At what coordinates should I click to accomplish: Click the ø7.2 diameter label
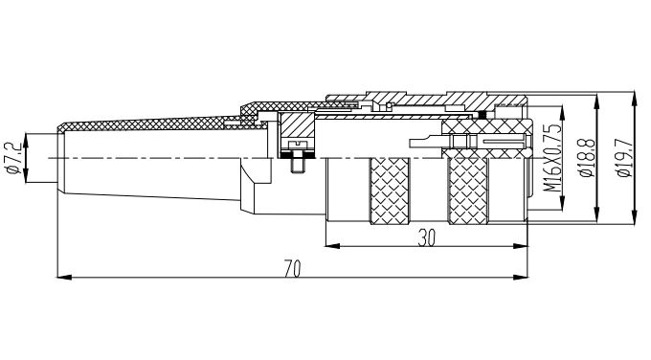click(13, 158)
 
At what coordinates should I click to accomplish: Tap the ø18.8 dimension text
click(587, 158)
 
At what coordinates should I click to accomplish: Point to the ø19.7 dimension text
click(624, 158)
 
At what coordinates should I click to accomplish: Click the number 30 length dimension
click(426, 237)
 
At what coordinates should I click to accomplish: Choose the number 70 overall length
click(292, 269)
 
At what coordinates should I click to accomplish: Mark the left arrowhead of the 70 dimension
click(63, 277)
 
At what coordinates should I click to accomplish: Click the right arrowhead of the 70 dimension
click(521, 277)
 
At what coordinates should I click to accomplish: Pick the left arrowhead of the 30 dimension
click(332, 246)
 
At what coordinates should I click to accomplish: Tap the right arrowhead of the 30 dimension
click(521, 246)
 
